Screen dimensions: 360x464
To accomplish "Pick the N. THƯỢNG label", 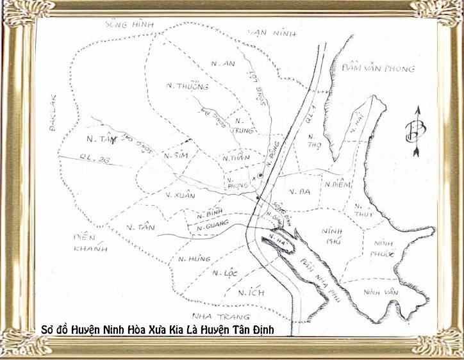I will (x=178, y=86).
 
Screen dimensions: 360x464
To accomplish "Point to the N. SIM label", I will (x=174, y=156).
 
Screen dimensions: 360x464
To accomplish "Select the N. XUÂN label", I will (x=180, y=195).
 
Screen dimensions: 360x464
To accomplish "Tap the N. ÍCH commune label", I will (x=250, y=293).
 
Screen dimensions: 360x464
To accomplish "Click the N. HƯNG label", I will (x=191, y=258).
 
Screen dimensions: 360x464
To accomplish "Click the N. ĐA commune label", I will (x=296, y=191).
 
